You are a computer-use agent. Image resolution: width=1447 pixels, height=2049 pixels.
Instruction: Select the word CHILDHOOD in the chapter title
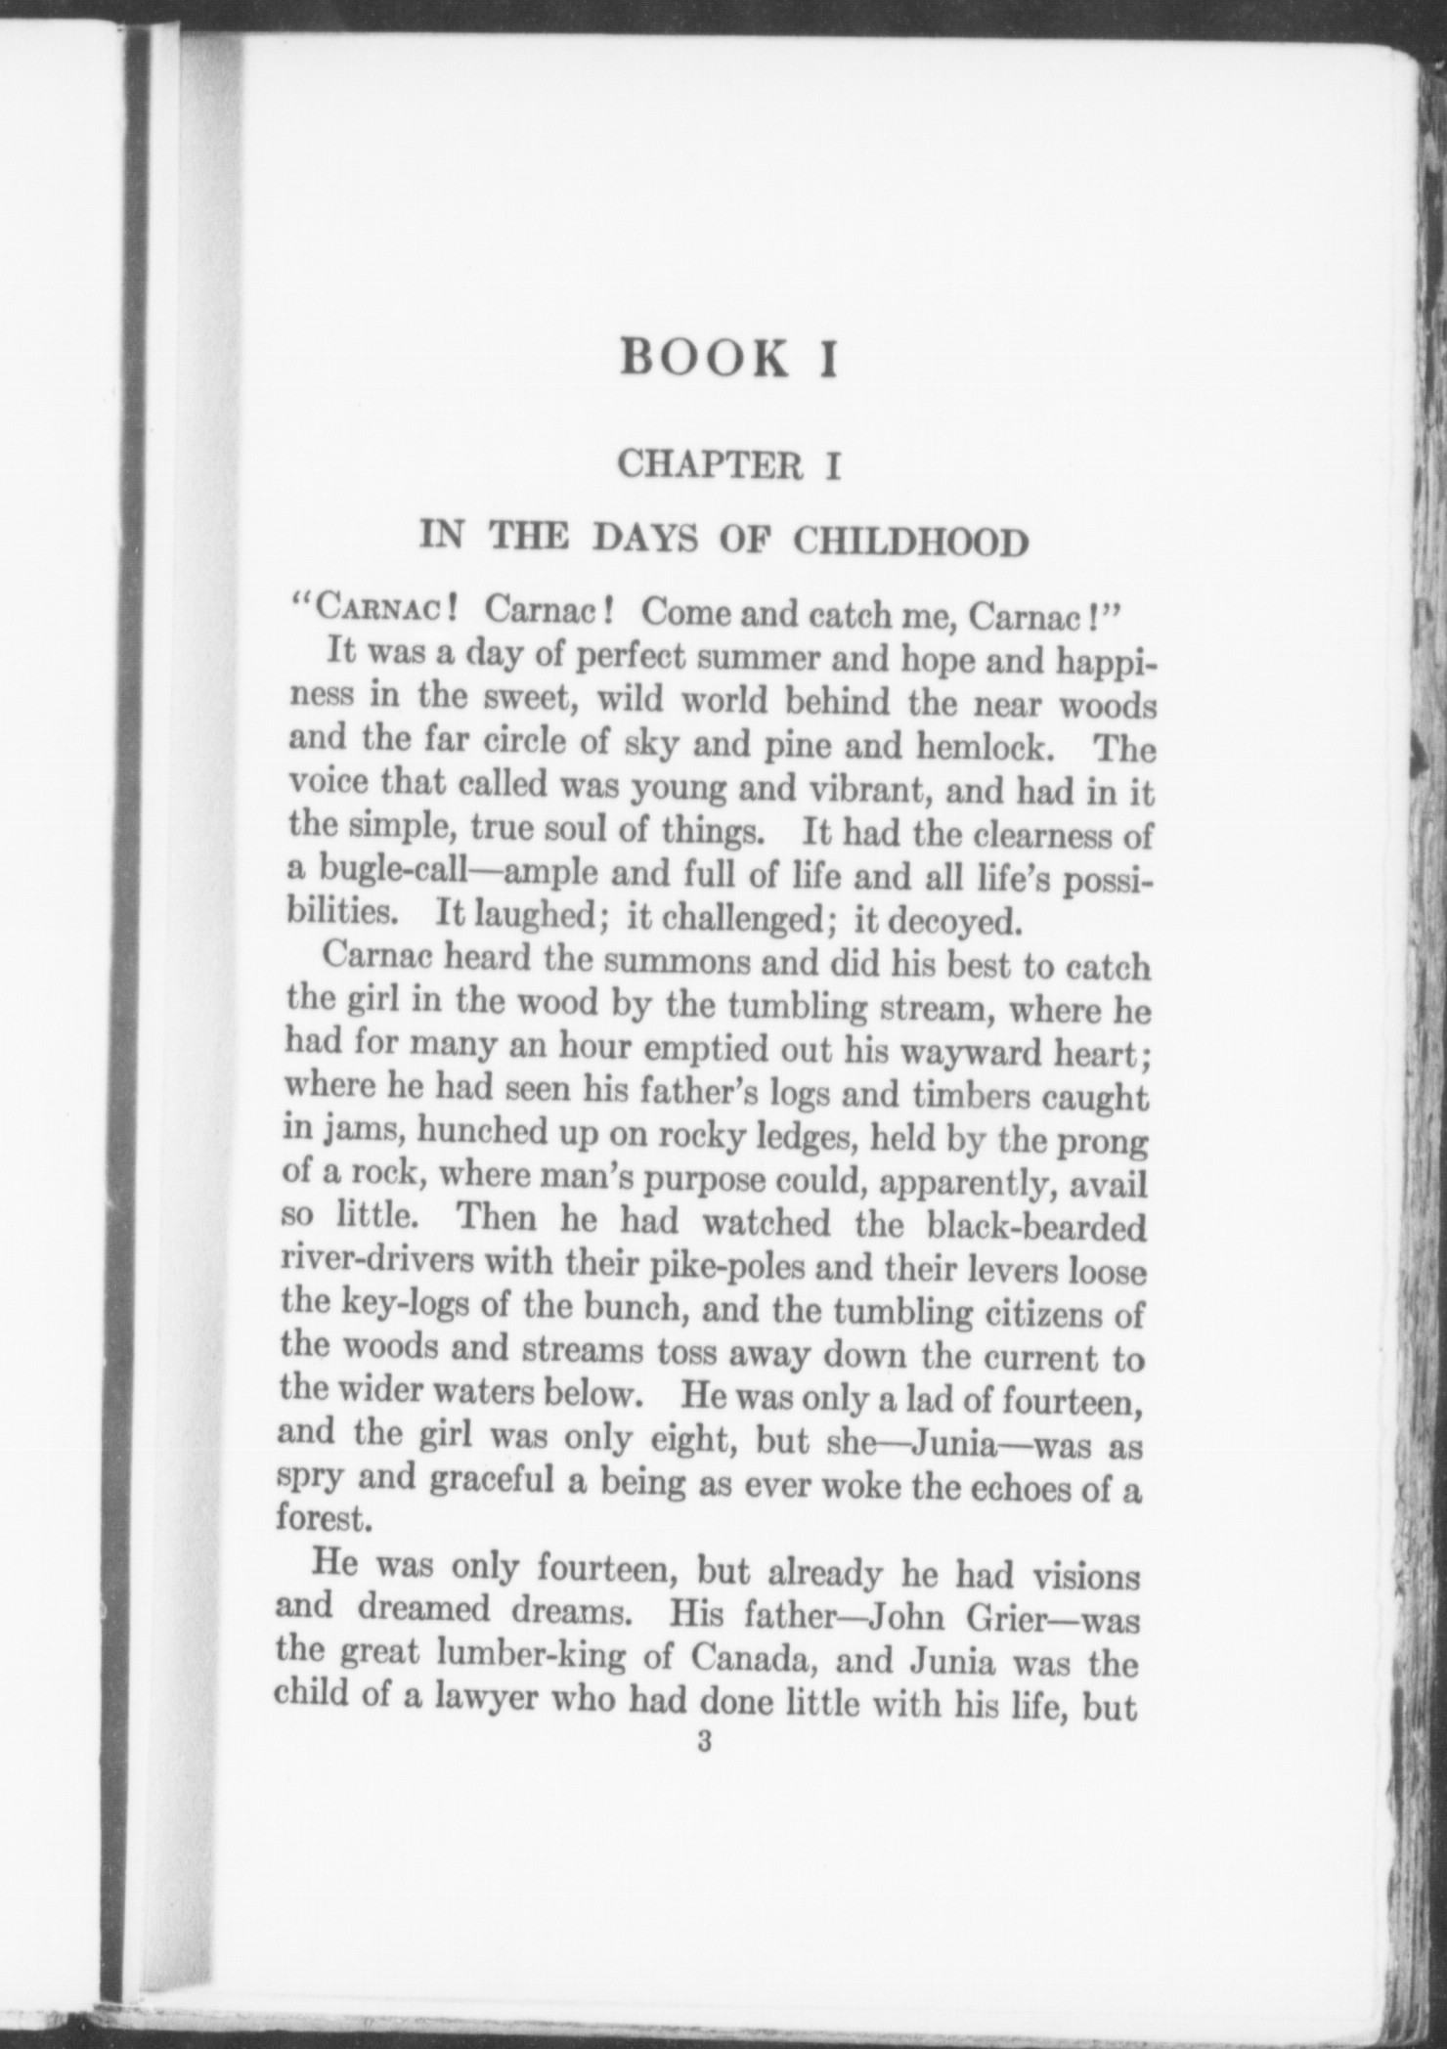tap(909, 541)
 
